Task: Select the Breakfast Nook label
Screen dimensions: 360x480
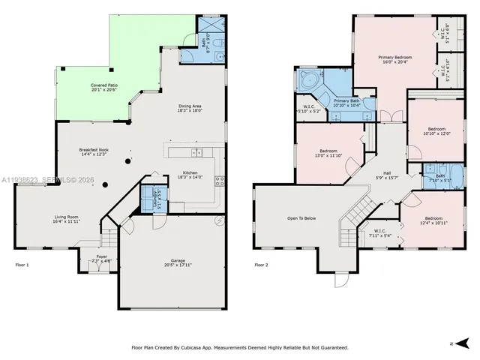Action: (x=94, y=151)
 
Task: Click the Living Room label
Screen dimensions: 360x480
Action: (x=66, y=219)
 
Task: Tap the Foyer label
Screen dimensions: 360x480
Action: (x=100, y=259)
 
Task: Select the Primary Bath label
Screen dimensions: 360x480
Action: (x=346, y=103)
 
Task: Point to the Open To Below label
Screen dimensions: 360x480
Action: (x=301, y=219)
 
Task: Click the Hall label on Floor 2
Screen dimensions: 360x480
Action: (x=387, y=174)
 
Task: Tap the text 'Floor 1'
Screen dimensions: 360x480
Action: (x=22, y=265)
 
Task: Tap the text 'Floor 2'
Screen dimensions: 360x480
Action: (x=261, y=265)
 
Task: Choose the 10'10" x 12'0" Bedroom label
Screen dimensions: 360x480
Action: (x=436, y=130)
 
